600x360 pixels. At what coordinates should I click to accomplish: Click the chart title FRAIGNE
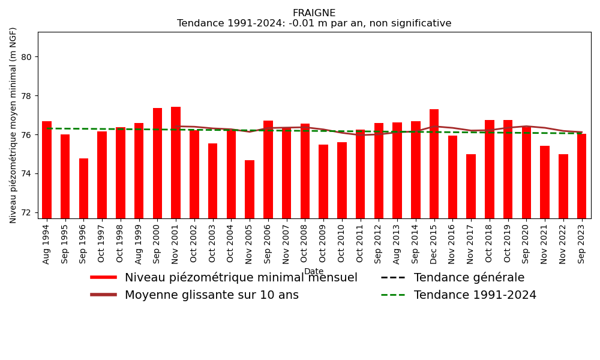click(x=314, y=13)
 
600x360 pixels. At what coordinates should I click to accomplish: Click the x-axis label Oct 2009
click(x=323, y=242)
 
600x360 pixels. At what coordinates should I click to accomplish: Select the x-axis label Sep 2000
click(x=157, y=242)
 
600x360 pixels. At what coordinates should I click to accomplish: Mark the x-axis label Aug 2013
click(x=397, y=242)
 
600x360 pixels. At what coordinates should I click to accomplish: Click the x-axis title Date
click(x=314, y=272)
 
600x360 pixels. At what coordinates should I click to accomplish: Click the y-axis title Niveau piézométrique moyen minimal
click(x=14, y=125)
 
